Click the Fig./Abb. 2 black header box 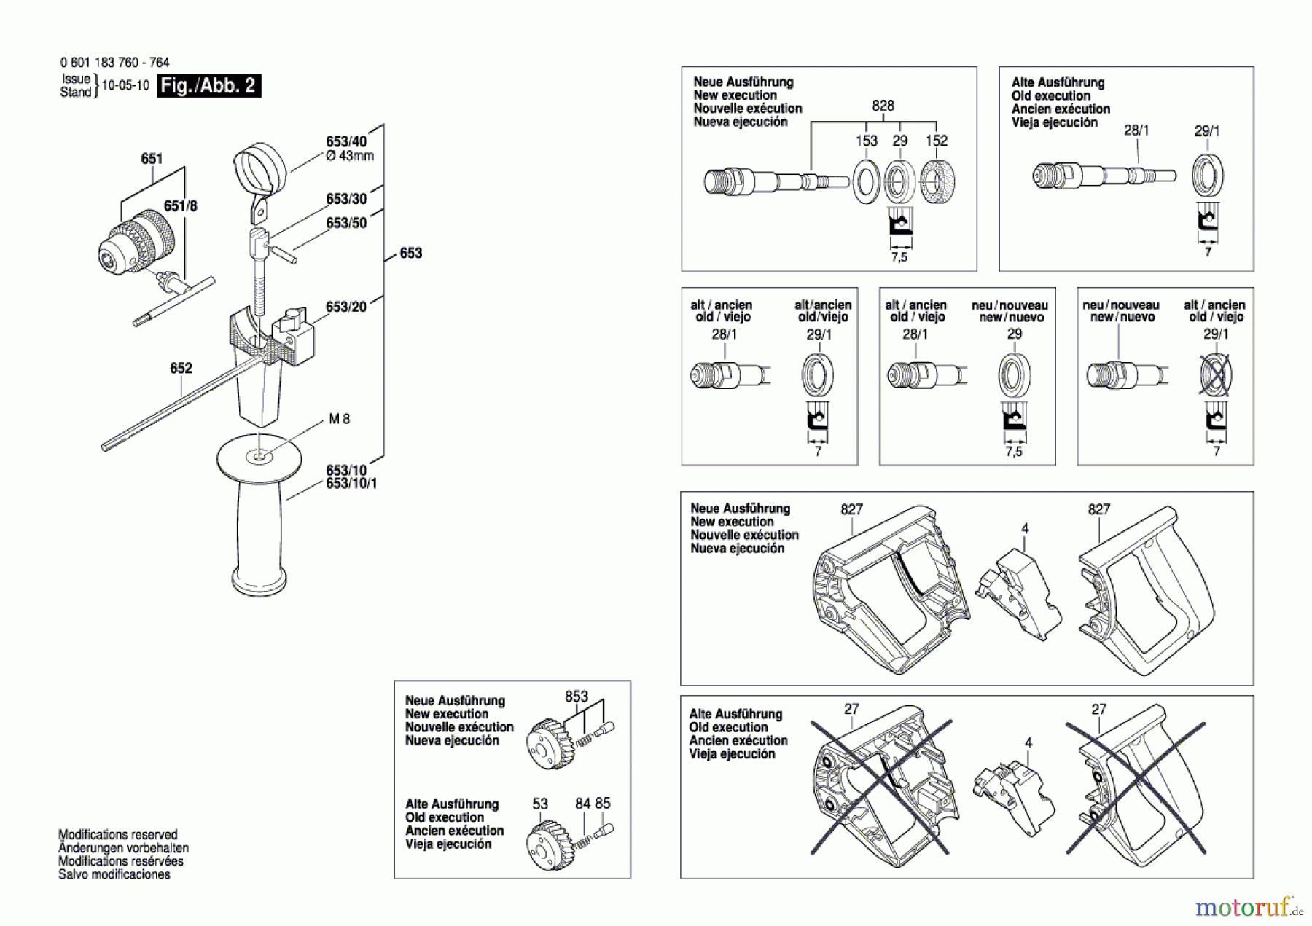tap(208, 86)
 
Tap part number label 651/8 tap(180, 206)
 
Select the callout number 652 tap(181, 369)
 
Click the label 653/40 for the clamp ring tap(346, 141)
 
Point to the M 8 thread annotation tap(340, 419)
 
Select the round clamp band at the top tap(260, 170)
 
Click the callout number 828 tap(883, 106)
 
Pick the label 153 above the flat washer tap(866, 141)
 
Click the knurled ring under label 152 tap(937, 181)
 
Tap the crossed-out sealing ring tap(1215, 375)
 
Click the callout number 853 tap(576, 697)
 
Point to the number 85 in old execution tap(603, 804)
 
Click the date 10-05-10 tap(125, 85)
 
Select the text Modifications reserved tap(118, 834)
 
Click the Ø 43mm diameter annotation tap(350, 156)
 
